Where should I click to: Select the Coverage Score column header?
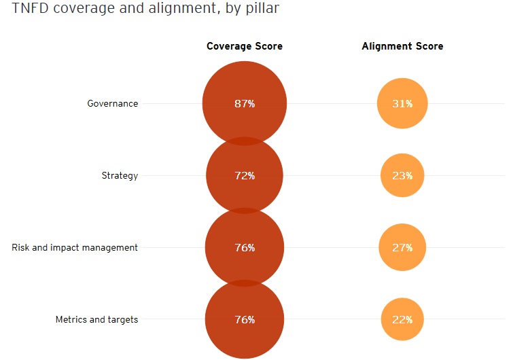(245, 46)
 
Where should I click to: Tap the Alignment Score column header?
(402, 46)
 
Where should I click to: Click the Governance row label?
(112, 104)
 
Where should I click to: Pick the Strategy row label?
(120, 175)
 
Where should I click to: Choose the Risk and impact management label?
(75, 247)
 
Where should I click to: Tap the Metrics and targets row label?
(96, 319)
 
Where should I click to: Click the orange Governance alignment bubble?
(402, 92)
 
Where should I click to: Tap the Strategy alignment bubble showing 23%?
(402, 163)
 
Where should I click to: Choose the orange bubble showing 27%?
(402, 235)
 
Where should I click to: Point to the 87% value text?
(245, 104)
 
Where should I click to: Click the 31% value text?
(402, 104)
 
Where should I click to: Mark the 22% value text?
(402, 319)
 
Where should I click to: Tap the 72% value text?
(245, 176)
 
